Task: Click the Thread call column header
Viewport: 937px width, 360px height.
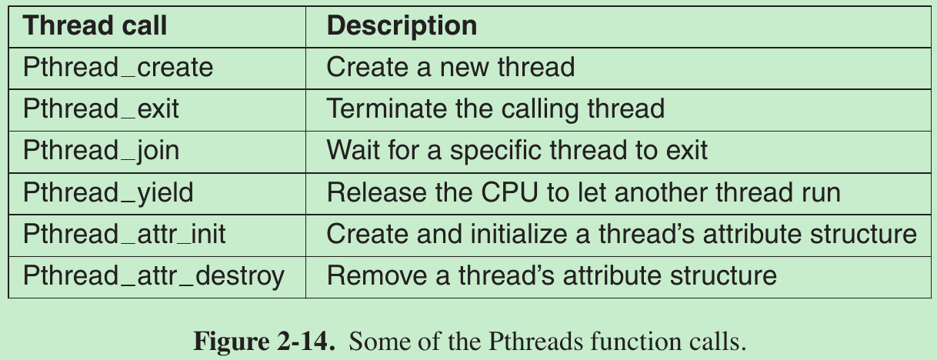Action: (95, 26)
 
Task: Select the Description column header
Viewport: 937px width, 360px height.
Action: (402, 26)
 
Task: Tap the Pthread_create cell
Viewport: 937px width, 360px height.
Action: (118, 68)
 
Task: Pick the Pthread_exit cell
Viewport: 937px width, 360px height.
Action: (101, 109)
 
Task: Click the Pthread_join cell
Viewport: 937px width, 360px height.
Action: (101, 150)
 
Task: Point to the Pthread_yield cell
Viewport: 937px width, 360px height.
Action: (108, 192)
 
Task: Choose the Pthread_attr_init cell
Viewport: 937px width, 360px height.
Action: (125, 233)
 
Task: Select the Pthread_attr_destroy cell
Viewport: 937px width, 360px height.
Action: (154, 275)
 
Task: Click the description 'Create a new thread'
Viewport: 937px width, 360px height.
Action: (451, 68)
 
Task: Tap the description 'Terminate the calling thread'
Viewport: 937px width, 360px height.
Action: (495, 109)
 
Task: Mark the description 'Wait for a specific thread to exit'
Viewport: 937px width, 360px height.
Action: (517, 150)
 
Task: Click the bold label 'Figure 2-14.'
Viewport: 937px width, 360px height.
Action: (265, 341)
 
